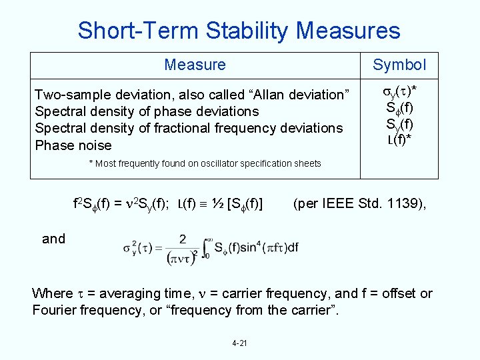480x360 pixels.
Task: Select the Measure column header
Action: coord(195,65)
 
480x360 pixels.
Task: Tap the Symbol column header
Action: coord(399,65)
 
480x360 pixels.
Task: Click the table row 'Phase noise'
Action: coord(73,145)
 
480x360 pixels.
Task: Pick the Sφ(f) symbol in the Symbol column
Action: coord(399,109)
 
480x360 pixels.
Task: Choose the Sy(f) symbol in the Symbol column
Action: coord(399,124)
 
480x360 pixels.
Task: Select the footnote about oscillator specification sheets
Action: coord(205,163)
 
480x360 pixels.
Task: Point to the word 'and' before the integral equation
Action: coord(53,239)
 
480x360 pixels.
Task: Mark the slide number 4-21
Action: coord(239,343)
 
